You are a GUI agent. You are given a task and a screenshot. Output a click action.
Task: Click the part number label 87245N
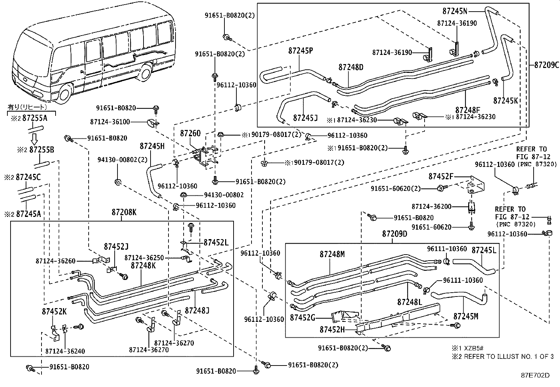[x=455, y=11]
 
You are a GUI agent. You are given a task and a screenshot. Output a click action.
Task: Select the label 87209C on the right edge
[x=546, y=65]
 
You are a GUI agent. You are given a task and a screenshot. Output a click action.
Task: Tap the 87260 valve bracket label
[x=190, y=133]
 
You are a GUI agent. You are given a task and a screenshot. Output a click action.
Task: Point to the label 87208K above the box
[x=124, y=212]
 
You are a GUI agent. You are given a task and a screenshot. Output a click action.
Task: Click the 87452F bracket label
[x=441, y=176]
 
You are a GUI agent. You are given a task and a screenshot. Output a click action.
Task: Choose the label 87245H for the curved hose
[x=152, y=146]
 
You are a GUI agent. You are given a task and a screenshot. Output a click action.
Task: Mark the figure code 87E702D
[x=535, y=375]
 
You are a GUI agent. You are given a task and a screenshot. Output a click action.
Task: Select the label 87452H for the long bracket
[x=332, y=330]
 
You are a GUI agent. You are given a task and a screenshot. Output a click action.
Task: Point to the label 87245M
[x=466, y=316]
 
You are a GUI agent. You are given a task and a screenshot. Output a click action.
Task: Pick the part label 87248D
[x=351, y=67]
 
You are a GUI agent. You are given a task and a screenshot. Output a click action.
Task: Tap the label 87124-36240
[x=65, y=351]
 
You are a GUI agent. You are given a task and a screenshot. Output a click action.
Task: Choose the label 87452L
[x=216, y=242]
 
